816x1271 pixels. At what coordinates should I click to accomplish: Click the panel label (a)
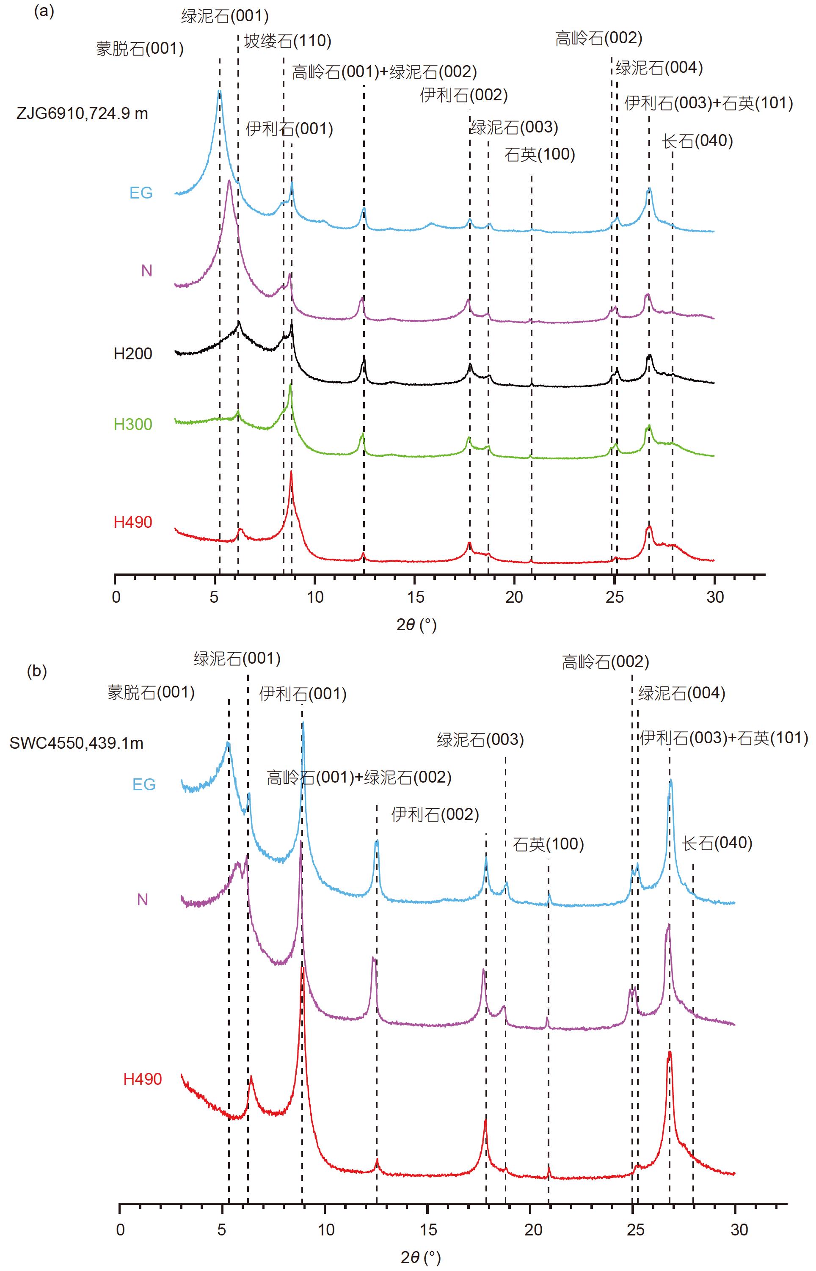tap(44, 12)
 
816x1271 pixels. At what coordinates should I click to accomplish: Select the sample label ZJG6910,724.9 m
tap(82, 113)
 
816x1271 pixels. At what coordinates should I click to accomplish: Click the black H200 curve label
tap(133, 354)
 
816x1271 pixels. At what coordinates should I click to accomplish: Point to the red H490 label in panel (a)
tap(133, 522)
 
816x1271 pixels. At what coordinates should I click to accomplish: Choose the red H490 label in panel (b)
tap(143, 1079)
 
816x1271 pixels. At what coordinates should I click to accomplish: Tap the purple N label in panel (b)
tap(143, 900)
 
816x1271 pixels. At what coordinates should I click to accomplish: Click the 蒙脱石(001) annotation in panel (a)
tap(140, 49)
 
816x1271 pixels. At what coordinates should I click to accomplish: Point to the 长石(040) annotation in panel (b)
tap(717, 843)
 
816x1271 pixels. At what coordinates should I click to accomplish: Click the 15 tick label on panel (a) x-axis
tap(416, 597)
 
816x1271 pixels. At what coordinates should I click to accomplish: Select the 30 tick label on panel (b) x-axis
tap(739, 1230)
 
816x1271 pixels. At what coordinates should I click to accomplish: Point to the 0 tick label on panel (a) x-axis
tap(116, 597)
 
